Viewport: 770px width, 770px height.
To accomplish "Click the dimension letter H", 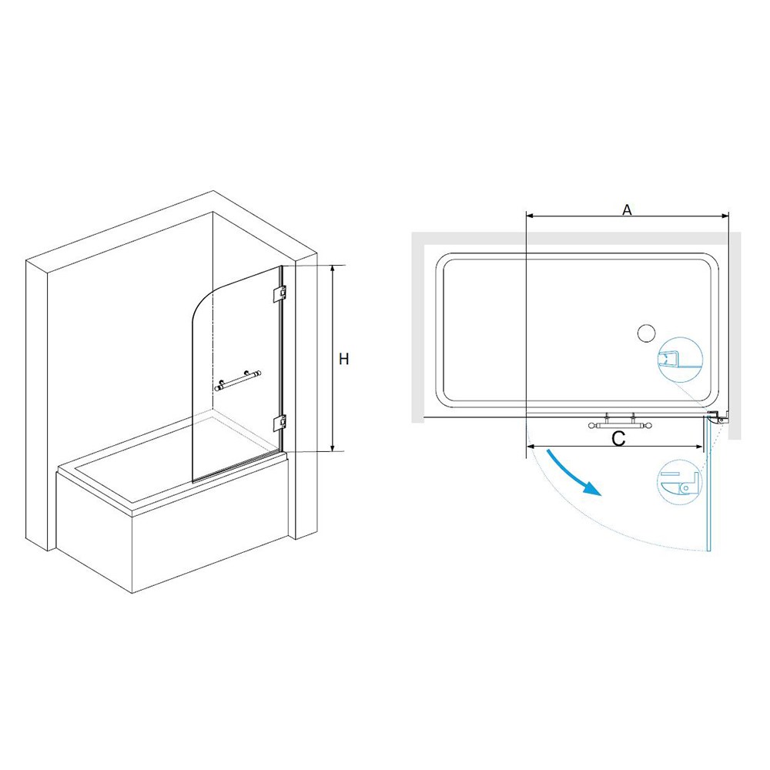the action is coord(343,359).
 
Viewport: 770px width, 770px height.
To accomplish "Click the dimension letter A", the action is coord(627,209).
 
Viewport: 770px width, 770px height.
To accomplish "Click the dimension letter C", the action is coord(619,439).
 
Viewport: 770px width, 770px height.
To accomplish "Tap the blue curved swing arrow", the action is coord(574,472).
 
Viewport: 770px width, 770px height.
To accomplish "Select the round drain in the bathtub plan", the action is coord(646,333).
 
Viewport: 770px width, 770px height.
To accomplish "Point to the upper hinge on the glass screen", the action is coord(280,293).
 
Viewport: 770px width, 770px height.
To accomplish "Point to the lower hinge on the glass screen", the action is coord(280,422).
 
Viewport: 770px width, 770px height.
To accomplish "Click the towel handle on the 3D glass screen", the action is coord(238,380).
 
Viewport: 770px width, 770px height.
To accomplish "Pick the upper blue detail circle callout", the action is coord(680,360).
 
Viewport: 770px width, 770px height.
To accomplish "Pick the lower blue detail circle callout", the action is coord(679,483).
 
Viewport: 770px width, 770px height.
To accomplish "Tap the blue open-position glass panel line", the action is coord(708,484).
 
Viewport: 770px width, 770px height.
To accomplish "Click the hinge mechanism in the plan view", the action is coord(718,417).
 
